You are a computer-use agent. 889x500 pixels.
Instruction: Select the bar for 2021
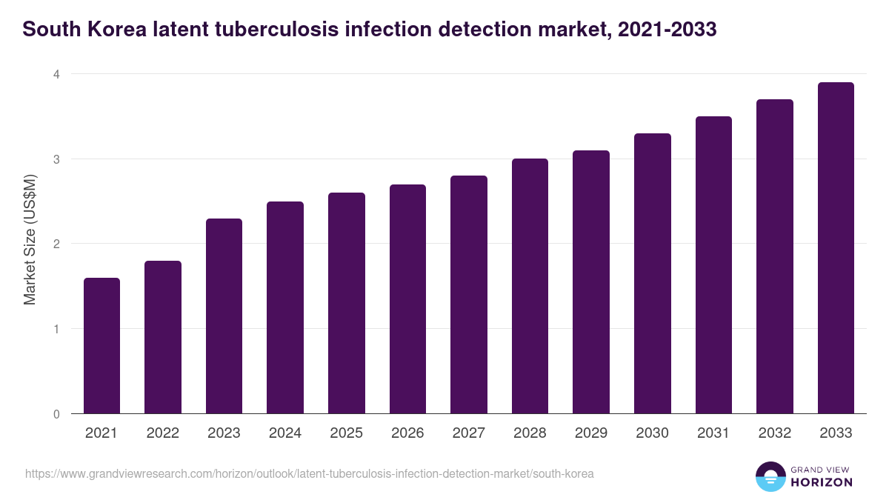point(101,346)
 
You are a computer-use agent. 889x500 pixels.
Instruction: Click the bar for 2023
point(224,316)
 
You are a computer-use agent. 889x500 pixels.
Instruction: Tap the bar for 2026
point(407,299)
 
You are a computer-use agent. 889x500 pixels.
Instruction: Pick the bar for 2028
point(530,286)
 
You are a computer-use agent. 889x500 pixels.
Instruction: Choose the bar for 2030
point(652,273)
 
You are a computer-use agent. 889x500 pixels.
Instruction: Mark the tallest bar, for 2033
point(836,248)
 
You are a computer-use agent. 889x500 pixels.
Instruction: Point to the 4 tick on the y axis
point(56,74)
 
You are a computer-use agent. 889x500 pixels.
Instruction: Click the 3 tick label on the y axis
point(56,159)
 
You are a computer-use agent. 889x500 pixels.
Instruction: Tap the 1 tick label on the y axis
point(56,329)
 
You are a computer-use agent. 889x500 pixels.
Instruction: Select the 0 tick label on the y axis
point(56,414)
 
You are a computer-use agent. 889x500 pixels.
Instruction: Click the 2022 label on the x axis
point(162,433)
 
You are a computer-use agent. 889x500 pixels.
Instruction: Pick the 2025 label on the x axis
point(346,433)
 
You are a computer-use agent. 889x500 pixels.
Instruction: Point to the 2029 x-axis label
point(590,433)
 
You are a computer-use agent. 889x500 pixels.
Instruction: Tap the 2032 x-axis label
point(774,433)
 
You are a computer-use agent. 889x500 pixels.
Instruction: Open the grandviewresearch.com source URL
point(310,473)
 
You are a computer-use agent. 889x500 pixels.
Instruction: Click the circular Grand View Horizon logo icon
point(770,476)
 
